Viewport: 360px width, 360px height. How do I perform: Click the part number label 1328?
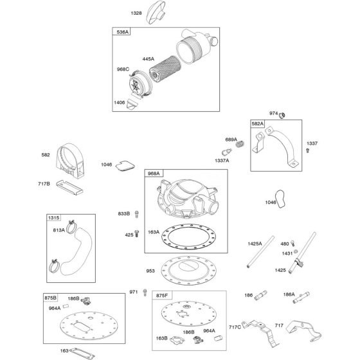[136, 14]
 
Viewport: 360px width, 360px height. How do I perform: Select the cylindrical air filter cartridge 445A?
[165, 69]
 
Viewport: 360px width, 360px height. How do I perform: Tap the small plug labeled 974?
[282, 115]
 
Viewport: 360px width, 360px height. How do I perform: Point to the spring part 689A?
[240, 144]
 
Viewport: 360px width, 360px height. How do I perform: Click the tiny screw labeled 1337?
[308, 150]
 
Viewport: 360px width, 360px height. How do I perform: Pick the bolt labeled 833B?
[136, 214]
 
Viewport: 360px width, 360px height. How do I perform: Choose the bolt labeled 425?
[136, 233]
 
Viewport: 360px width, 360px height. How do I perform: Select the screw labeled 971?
[145, 292]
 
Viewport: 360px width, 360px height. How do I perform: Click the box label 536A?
[122, 32]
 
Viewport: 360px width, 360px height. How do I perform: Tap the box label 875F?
[162, 296]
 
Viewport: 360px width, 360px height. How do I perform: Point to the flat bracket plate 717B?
[70, 187]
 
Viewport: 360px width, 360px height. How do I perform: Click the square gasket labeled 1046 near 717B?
[125, 166]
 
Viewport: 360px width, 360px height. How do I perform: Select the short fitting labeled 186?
[261, 295]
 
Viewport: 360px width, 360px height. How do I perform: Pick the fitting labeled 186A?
[301, 298]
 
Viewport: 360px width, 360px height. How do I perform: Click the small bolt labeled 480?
[292, 244]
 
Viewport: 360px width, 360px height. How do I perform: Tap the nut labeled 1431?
[296, 251]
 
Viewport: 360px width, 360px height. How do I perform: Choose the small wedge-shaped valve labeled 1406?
[132, 104]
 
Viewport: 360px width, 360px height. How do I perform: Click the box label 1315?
[54, 218]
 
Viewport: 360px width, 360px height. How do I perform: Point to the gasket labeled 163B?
[177, 340]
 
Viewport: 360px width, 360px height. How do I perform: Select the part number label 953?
[150, 271]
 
